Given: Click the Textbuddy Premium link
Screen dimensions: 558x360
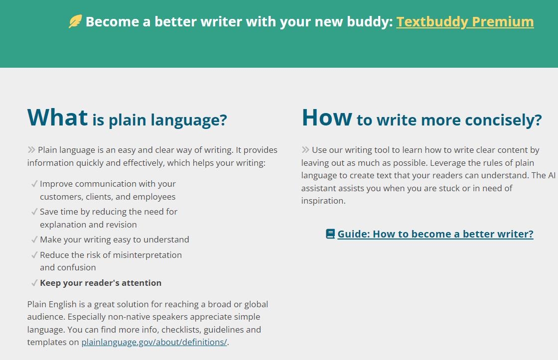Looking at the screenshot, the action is [x=465, y=22].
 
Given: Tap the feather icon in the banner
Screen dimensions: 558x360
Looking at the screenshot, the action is [x=75, y=21].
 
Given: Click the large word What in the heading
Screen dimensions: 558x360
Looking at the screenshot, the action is [x=57, y=117].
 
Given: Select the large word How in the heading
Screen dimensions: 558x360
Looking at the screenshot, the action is [x=327, y=118].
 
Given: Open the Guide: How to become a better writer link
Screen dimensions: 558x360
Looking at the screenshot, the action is [x=435, y=234].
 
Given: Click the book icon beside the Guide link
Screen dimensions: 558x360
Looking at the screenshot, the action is [x=330, y=234].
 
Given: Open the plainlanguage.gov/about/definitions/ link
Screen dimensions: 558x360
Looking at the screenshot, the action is [x=154, y=342].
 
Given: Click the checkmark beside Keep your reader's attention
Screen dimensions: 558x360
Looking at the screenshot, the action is [x=34, y=283].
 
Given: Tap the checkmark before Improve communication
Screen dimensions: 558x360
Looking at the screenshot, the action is [x=34, y=184].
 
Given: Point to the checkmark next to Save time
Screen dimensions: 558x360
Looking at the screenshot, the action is [x=34, y=212].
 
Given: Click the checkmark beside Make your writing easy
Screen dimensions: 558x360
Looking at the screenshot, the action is [x=34, y=240].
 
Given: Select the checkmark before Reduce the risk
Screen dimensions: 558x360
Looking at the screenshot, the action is [x=34, y=255].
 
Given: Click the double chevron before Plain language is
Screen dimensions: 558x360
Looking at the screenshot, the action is [x=31, y=150].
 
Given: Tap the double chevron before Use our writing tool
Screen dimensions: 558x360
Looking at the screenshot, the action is [x=305, y=150].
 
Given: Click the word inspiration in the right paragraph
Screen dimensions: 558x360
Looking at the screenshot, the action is [x=323, y=201].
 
